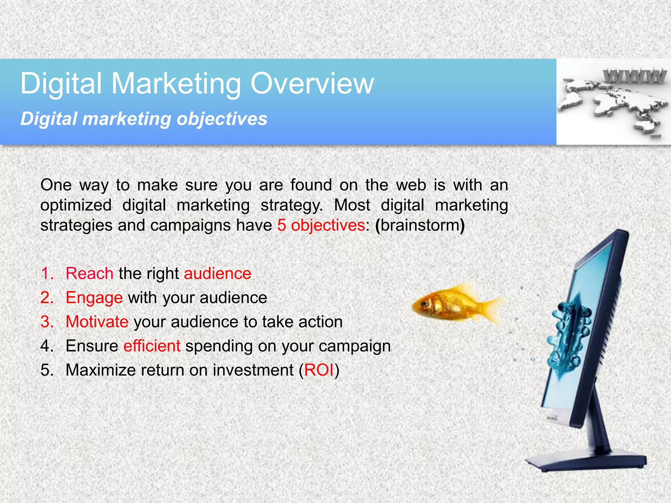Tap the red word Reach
point(89,273)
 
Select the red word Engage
point(94,298)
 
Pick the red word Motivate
point(97,322)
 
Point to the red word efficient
point(152,346)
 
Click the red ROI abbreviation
point(319,370)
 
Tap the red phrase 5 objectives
point(321,225)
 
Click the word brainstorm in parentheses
point(420,225)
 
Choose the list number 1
point(46,273)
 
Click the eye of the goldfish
point(425,304)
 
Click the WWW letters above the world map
point(634,77)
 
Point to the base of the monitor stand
point(586,462)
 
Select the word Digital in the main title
point(61,84)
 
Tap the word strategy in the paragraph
point(291,206)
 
